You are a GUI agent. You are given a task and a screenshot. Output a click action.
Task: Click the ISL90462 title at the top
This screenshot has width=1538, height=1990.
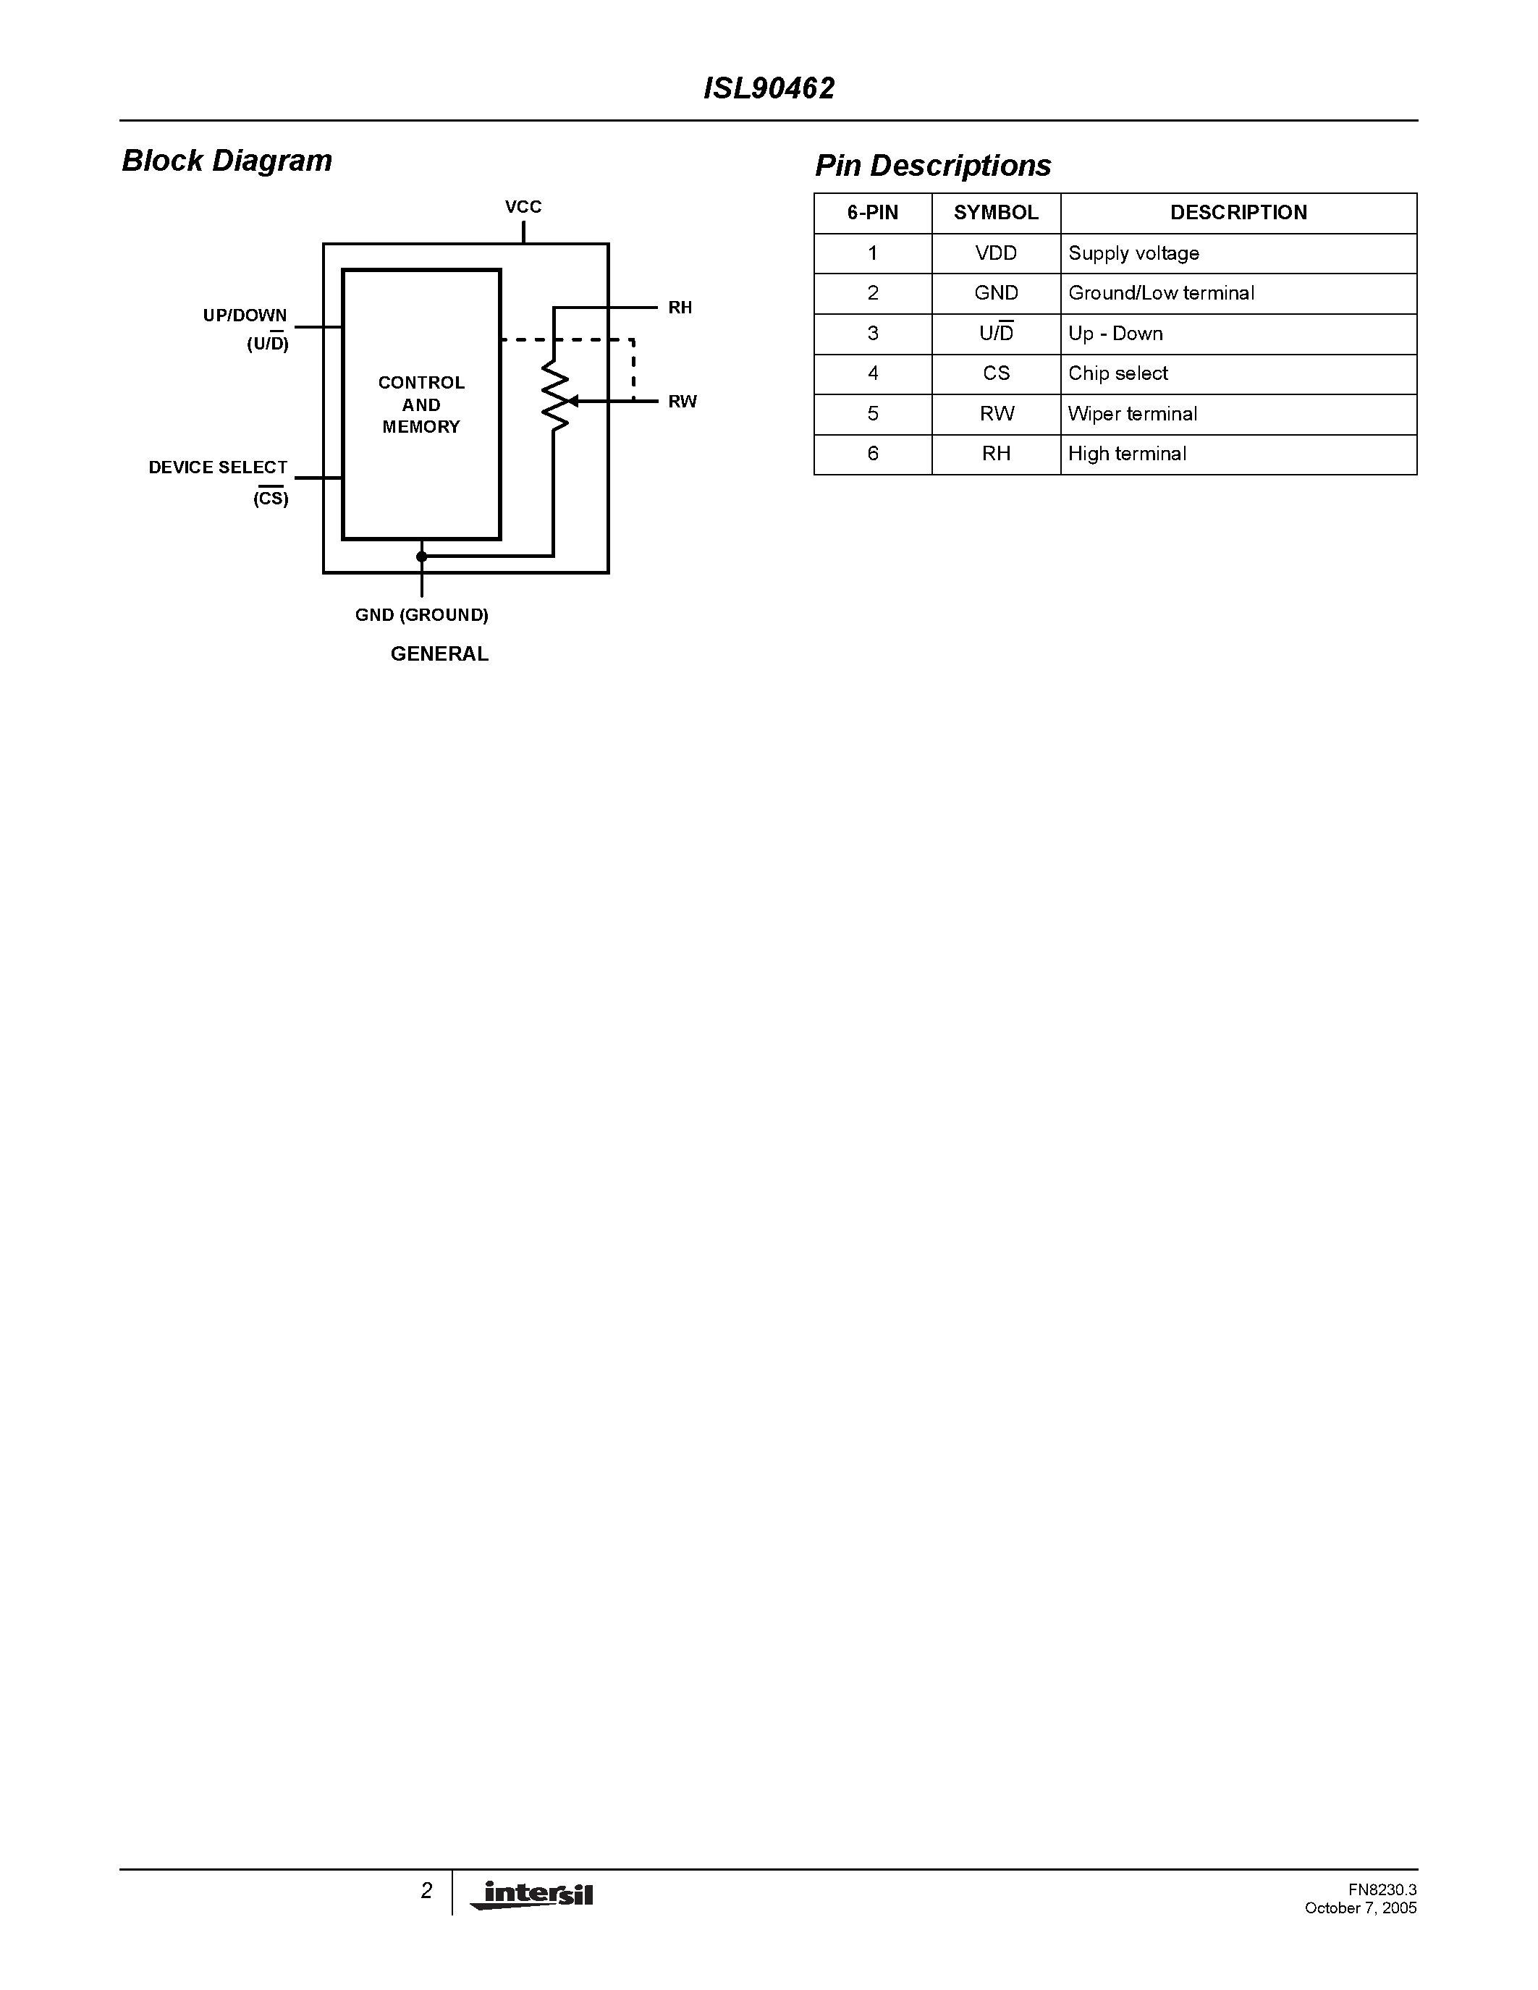(x=769, y=88)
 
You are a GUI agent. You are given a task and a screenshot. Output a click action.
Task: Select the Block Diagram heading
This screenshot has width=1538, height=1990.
(x=227, y=161)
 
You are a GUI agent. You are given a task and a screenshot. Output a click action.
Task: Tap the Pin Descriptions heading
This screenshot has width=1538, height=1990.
(x=932, y=166)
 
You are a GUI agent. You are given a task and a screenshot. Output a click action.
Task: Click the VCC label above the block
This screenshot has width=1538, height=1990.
(x=523, y=207)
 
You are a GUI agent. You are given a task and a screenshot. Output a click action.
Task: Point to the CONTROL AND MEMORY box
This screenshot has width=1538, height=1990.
(x=421, y=405)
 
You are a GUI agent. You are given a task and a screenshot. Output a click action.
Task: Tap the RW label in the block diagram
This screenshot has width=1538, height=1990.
(x=682, y=402)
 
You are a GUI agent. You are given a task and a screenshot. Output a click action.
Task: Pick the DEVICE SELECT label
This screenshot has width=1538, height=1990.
(x=218, y=467)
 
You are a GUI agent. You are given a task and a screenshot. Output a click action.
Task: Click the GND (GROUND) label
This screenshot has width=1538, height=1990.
(x=422, y=615)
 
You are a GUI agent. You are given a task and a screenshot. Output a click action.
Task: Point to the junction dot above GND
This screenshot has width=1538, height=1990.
(x=421, y=556)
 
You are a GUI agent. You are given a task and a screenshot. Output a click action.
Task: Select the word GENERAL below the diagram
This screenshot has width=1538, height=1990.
(x=439, y=654)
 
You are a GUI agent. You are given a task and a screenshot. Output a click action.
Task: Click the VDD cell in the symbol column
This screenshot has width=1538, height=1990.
(x=996, y=253)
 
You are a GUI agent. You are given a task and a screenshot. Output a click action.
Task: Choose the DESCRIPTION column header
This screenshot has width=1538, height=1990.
(x=1238, y=213)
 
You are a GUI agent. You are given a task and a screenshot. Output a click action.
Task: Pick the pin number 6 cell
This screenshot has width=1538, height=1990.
(x=873, y=454)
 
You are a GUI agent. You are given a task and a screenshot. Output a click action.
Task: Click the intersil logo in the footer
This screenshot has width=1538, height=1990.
(x=532, y=1894)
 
